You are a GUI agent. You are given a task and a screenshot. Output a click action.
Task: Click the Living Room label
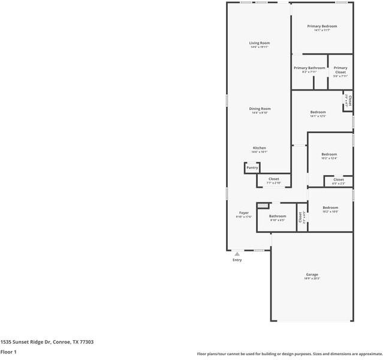[x=260, y=43]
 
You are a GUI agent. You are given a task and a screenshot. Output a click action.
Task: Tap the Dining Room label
[x=260, y=109]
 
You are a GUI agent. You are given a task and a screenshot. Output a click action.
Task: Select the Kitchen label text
[x=259, y=148]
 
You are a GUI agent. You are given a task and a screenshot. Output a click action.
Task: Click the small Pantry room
[x=252, y=168]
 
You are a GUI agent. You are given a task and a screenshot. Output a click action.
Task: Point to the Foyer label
[x=244, y=213]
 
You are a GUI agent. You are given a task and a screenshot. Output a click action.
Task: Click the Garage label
[x=312, y=275]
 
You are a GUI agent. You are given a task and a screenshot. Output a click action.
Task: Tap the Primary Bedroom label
[x=322, y=26]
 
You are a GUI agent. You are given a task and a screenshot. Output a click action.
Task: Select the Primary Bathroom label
[x=309, y=68]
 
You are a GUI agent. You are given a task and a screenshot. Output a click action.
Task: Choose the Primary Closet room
[x=340, y=70]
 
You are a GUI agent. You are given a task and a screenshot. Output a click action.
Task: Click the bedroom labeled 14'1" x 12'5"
[x=318, y=113]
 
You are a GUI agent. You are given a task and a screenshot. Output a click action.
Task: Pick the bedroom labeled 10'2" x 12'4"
[x=329, y=155]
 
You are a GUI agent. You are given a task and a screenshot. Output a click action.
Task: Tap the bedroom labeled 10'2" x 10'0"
[x=330, y=208]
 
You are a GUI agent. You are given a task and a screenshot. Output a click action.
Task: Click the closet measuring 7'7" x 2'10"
[x=273, y=179]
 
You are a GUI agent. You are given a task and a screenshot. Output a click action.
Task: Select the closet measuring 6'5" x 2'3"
[x=339, y=180]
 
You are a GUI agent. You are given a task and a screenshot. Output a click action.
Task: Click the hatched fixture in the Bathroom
[x=262, y=206]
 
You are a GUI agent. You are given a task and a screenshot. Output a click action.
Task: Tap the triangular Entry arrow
[x=237, y=254]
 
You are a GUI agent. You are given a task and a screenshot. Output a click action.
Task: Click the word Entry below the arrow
[x=237, y=260]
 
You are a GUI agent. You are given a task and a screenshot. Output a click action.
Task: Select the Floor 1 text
[x=8, y=352]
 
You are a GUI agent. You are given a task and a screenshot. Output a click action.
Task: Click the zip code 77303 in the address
[x=86, y=341]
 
